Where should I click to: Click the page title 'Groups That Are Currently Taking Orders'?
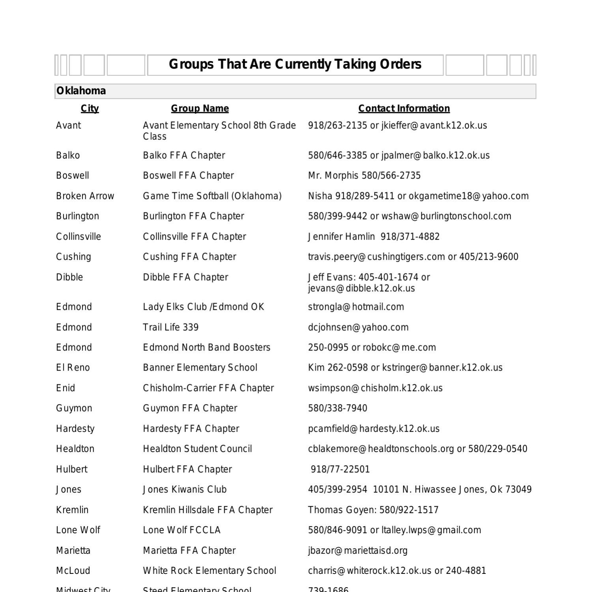[x=295, y=64]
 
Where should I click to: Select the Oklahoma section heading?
[x=81, y=91]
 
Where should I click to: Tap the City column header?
[x=90, y=109]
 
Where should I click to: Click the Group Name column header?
[x=200, y=109]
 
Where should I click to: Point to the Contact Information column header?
[x=404, y=109]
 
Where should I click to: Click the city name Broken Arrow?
[x=85, y=196]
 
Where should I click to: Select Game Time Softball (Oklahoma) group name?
[x=212, y=196]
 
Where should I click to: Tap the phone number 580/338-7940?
[x=337, y=408]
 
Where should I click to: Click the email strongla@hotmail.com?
[x=356, y=307]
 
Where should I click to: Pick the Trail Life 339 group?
[x=170, y=327]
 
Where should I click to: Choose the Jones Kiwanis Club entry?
[x=184, y=489]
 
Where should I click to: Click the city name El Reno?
[x=73, y=368]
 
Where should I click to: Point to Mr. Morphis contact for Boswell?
[x=364, y=176]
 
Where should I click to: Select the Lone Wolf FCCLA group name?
[x=182, y=530]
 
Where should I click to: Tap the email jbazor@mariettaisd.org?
[x=358, y=551]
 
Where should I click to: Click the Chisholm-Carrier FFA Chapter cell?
[x=208, y=388]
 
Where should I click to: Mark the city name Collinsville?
[x=78, y=237]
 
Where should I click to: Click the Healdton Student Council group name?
[x=197, y=449]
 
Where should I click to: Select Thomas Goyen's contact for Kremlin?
[x=373, y=510]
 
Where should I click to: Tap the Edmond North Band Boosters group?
[x=206, y=347]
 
